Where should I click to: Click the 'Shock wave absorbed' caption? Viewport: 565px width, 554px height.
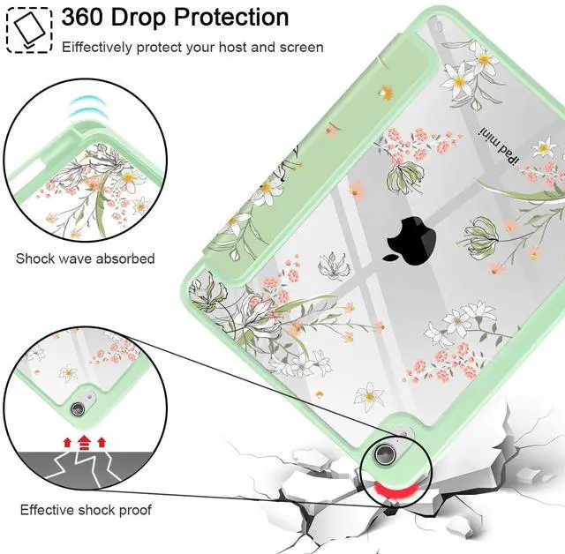pyautogui.click(x=85, y=258)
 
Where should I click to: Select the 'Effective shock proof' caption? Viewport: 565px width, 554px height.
pyautogui.click(x=86, y=510)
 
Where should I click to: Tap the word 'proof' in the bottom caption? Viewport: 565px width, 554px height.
pyautogui.click(x=133, y=511)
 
